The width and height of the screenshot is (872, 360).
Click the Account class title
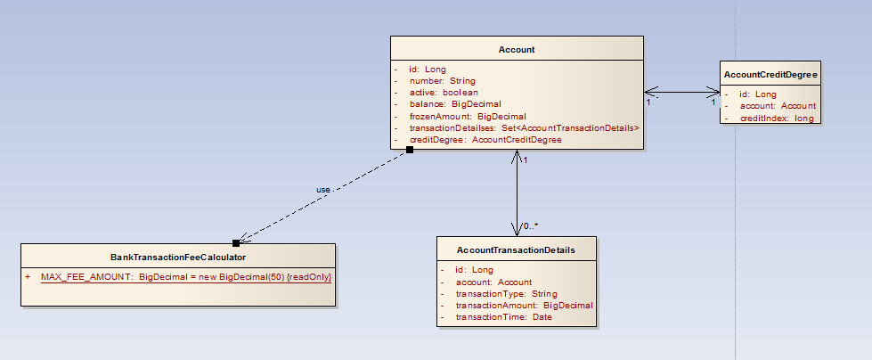point(517,50)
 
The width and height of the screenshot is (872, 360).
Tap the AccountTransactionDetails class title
point(516,250)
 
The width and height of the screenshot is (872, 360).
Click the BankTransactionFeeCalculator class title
point(178,257)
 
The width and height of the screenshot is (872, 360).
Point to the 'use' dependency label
point(323,190)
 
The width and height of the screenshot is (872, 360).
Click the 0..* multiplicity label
point(531,225)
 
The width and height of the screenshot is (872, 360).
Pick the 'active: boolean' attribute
point(444,93)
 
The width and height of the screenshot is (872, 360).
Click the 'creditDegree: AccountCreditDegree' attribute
point(485,140)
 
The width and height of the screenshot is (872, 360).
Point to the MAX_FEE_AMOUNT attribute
point(186,277)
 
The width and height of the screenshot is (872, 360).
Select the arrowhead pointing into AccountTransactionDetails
point(517,230)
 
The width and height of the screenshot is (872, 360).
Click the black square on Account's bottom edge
point(409,150)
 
